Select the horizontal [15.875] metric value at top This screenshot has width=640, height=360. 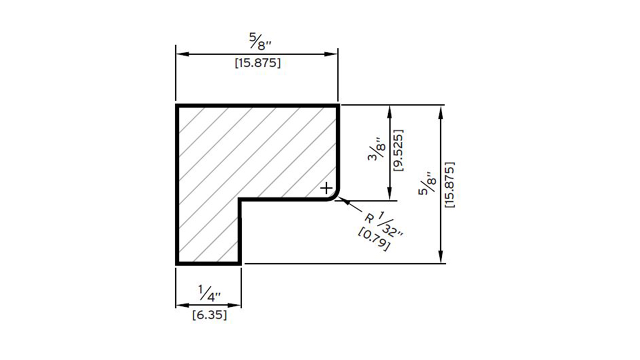point(257,64)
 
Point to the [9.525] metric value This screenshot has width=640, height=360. point(398,150)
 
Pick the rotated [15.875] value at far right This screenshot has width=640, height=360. point(448,184)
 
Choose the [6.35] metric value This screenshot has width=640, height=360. point(209,315)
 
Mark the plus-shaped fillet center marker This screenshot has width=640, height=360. point(326,188)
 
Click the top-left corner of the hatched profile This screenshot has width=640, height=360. point(177,106)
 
